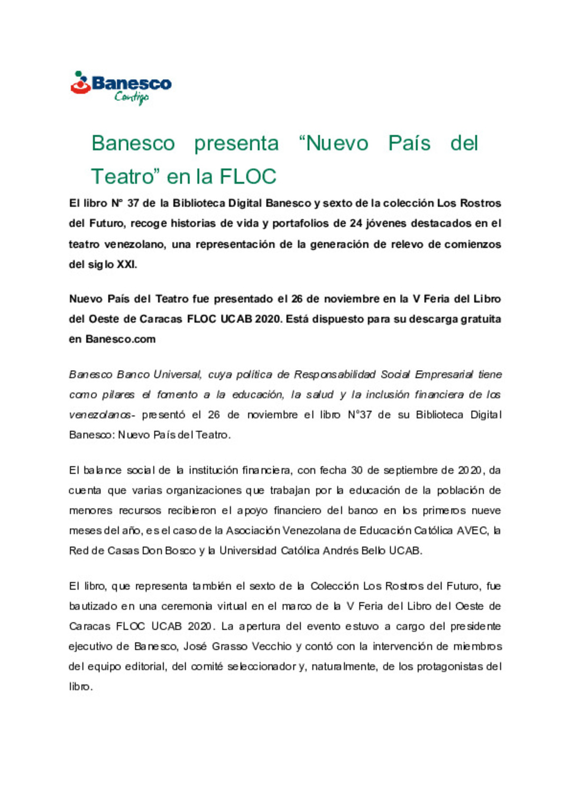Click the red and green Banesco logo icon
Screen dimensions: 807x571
(80, 83)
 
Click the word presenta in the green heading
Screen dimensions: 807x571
(236, 143)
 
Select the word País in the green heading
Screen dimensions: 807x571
(409, 143)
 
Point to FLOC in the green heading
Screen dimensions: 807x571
(248, 176)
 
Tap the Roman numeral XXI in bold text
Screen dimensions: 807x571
(126, 265)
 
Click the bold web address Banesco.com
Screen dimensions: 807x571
(121, 339)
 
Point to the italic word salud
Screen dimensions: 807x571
(320, 395)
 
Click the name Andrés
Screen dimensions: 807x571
(340, 550)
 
